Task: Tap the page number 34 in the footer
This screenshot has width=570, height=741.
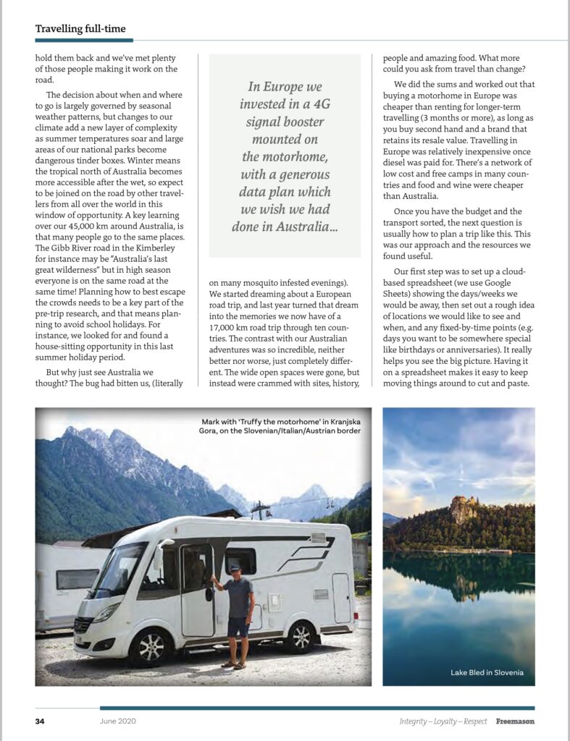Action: pos(41,721)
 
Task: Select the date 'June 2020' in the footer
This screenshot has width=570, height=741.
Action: pos(118,721)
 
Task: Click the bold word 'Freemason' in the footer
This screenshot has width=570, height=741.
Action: pos(515,721)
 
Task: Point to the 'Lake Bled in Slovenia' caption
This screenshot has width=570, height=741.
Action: pos(487,673)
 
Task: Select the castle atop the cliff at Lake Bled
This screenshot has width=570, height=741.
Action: pos(464,509)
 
